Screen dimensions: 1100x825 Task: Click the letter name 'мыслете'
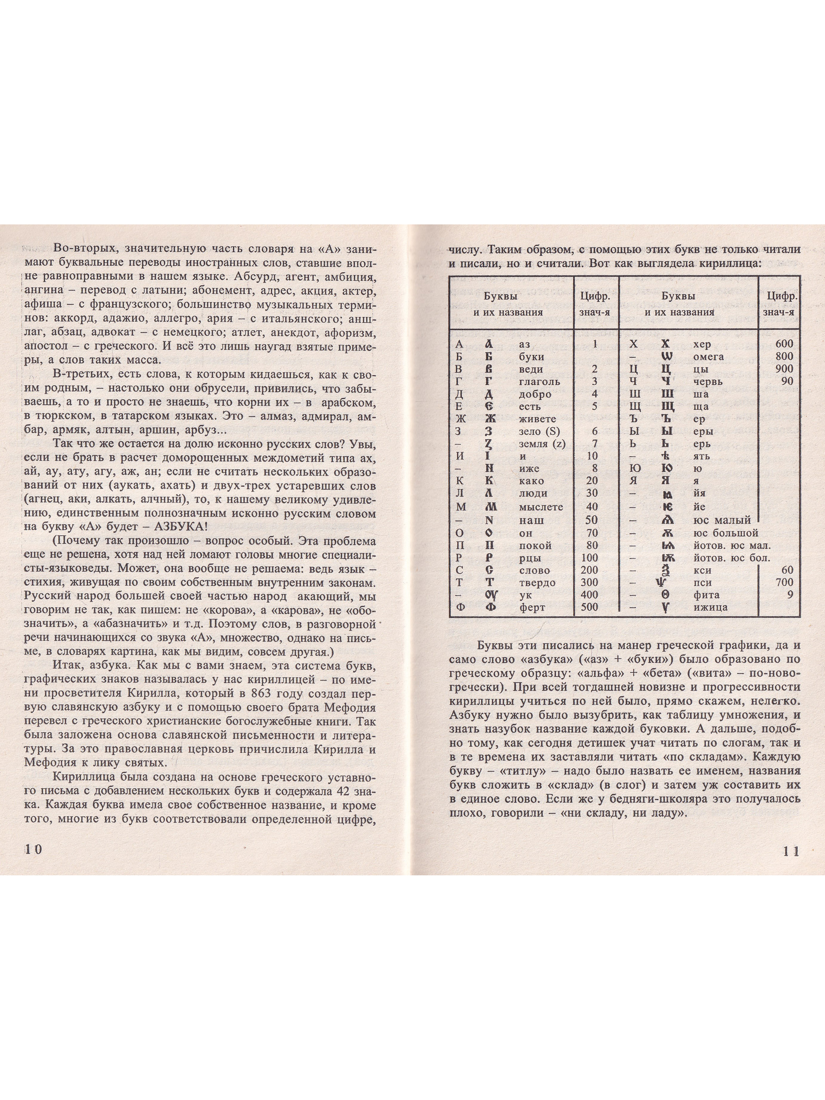(x=541, y=507)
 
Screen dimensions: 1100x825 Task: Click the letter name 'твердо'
(x=537, y=583)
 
